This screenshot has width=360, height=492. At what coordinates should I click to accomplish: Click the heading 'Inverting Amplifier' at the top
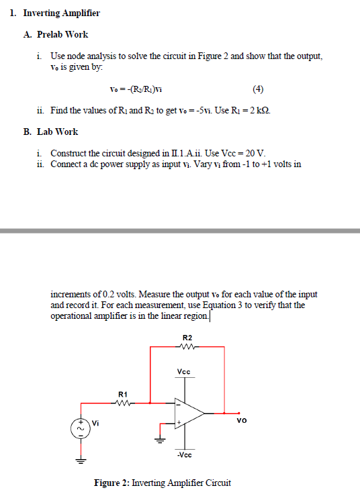click(x=61, y=13)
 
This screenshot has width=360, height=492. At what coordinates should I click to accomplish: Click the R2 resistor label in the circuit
click(x=187, y=337)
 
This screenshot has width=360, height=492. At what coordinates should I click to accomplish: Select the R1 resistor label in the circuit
click(x=122, y=394)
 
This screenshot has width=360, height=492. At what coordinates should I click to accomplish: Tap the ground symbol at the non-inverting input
click(x=160, y=440)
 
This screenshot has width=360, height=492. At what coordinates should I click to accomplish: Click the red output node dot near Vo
click(x=237, y=413)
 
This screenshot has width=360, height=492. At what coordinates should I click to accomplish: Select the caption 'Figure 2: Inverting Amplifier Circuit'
click(x=163, y=483)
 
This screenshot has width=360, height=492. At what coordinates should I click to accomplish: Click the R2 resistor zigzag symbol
click(x=188, y=347)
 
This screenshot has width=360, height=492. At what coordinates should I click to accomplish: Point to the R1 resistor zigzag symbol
click(x=122, y=403)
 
